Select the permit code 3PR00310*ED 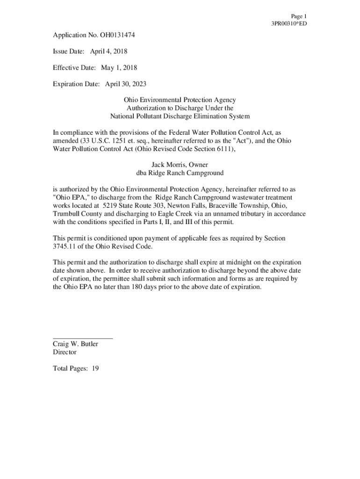289,24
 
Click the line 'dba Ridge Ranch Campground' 180,173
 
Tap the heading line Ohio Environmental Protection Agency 180,100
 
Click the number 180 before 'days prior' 142,287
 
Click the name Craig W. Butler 75,344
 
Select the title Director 65,352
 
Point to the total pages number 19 95,369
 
